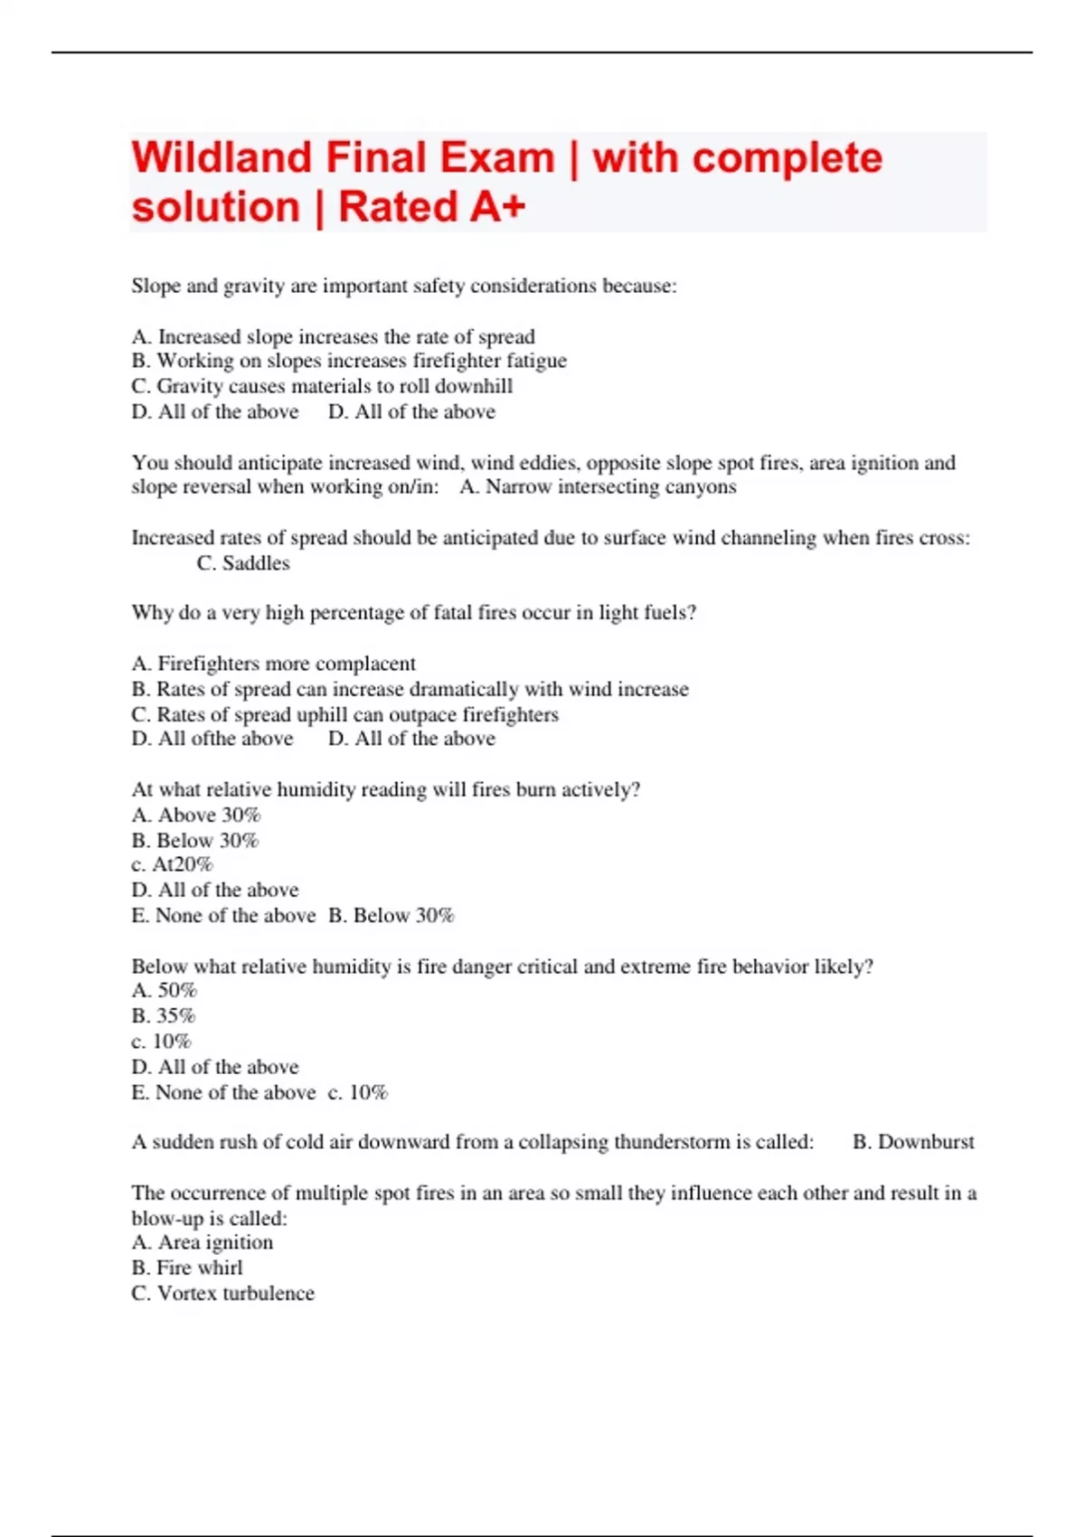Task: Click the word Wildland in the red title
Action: (x=221, y=158)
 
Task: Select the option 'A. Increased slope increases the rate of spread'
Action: (x=333, y=336)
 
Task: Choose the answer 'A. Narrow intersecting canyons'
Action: (x=598, y=487)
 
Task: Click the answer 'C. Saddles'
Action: (x=243, y=563)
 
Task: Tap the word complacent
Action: (x=365, y=664)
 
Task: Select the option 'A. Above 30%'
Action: (x=196, y=816)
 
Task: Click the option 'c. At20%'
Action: (x=172, y=865)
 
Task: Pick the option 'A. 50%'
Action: (x=164, y=991)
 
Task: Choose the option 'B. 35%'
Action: (x=164, y=1016)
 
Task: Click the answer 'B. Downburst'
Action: (x=913, y=1142)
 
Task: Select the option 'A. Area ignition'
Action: (x=202, y=1243)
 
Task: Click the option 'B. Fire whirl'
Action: (x=187, y=1268)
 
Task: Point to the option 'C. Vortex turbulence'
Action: (x=222, y=1294)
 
